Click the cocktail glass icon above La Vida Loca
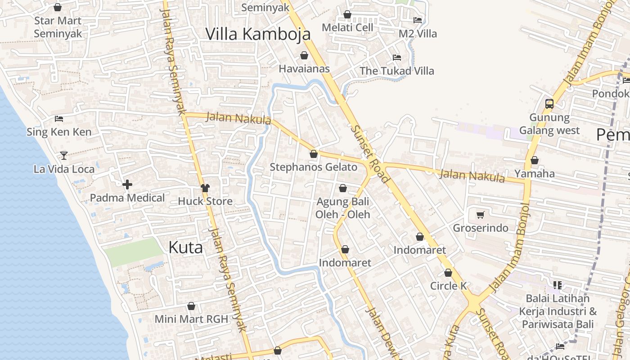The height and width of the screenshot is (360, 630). point(63,155)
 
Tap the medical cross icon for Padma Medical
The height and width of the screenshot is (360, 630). point(127,184)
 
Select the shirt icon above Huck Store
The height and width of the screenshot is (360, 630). point(205,188)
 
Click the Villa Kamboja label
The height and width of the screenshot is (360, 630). point(258,34)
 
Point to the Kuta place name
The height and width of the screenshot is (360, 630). point(185,247)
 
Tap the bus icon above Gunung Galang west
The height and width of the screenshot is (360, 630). point(549,104)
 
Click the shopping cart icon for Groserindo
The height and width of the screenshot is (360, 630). point(480,215)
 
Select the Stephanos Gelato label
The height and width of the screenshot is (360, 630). point(313,167)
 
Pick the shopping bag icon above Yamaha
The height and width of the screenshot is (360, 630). point(535,160)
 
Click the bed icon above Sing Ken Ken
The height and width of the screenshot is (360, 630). point(59,119)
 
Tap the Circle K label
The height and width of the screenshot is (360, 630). point(448,286)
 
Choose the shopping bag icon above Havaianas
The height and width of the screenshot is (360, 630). point(304,55)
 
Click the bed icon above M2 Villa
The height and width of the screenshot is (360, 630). point(418,20)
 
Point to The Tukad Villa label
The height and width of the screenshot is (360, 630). point(396,71)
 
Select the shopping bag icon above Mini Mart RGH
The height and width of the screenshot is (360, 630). point(191,306)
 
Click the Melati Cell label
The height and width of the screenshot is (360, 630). point(347,27)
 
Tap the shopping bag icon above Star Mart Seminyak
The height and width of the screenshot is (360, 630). point(58,7)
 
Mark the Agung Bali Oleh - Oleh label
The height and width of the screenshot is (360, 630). point(342,207)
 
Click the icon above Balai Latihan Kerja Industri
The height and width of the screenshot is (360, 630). point(558,285)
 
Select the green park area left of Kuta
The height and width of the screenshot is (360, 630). point(132,252)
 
